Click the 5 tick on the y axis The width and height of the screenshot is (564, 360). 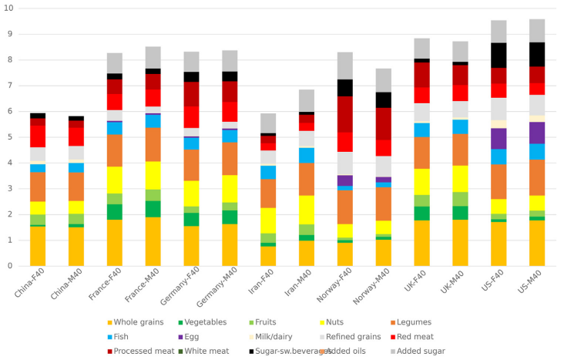11,137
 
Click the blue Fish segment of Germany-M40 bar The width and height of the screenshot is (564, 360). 230,136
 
